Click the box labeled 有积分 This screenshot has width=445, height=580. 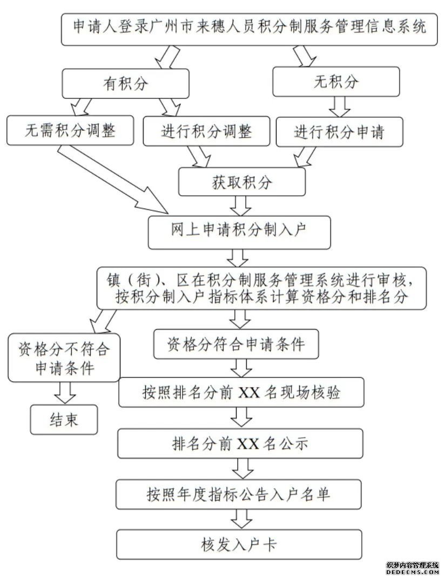(x=126, y=84)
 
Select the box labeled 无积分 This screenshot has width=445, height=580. (x=336, y=82)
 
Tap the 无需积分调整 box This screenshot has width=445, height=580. (x=70, y=130)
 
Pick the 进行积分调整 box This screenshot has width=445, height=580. (x=207, y=131)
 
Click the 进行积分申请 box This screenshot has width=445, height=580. (x=339, y=132)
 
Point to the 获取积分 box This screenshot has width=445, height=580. (x=242, y=182)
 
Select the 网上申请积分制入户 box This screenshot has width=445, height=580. (x=239, y=232)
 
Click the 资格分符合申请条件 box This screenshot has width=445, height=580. (x=236, y=344)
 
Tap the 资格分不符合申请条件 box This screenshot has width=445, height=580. (x=64, y=358)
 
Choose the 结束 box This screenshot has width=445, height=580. (x=64, y=419)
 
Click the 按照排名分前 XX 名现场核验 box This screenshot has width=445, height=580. (x=241, y=392)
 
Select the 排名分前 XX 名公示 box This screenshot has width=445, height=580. (x=240, y=443)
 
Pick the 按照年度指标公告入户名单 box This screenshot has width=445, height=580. (x=238, y=494)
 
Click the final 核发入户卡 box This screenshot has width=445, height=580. (x=239, y=544)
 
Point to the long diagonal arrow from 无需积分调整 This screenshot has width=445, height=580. (x=113, y=179)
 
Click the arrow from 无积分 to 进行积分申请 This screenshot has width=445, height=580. (x=340, y=107)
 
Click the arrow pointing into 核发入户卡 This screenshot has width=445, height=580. (x=242, y=519)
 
